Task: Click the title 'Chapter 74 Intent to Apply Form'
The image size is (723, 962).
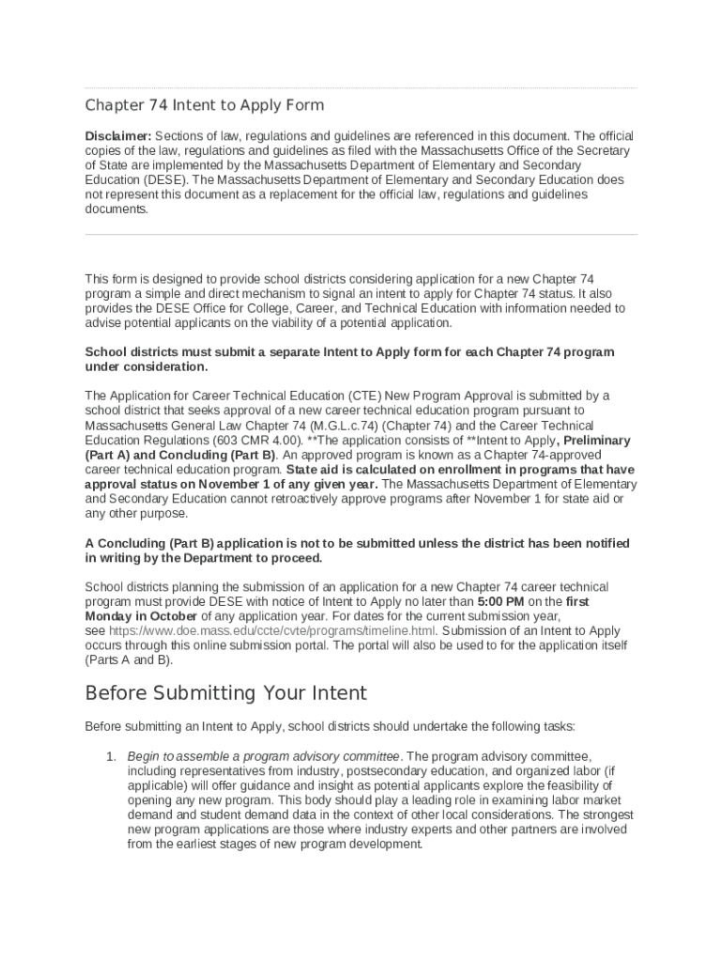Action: click(x=205, y=105)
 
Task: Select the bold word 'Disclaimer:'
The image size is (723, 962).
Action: click(x=118, y=135)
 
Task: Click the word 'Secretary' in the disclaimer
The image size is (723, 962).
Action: click(x=599, y=150)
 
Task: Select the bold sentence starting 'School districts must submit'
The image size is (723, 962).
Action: click(x=349, y=352)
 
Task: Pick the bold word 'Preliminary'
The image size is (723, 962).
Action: click(x=597, y=440)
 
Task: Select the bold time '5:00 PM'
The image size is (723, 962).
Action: click(x=500, y=601)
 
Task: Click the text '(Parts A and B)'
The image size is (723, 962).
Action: click(x=129, y=660)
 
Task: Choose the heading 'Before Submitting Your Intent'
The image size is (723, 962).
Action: click(x=225, y=694)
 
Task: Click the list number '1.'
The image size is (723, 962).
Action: click(x=110, y=756)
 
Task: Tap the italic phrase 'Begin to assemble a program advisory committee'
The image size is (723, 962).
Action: click(x=264, y=756)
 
